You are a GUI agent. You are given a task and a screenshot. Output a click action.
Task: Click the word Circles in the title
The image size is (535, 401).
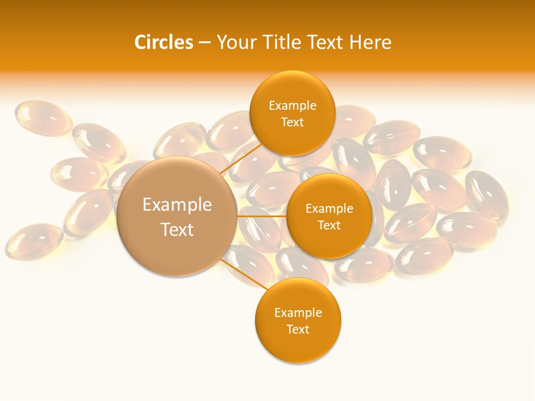(x=164, y=42)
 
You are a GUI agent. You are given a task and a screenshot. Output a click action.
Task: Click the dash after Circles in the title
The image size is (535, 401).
(x=204, y=43)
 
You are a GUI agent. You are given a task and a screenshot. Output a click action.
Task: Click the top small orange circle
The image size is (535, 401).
(x=292, y=89)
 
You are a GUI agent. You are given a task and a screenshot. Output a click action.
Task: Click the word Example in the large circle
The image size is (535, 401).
(x=177, y=205)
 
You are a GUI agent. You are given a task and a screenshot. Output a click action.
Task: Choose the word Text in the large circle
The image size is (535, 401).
(x=177, y=229)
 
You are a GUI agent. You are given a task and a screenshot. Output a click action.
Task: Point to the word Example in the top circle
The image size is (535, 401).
(x=292, y=106)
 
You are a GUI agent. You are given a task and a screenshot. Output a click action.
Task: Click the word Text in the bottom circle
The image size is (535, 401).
(x=298, y=330)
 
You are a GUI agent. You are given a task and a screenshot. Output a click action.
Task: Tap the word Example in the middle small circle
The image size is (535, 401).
(x=329, y=209)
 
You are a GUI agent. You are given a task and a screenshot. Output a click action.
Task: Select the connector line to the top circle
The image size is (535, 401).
(x=241, y=159)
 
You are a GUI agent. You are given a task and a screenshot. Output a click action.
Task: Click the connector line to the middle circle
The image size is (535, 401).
(x=262, y=216)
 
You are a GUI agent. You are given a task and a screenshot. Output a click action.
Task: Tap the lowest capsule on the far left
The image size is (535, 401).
(x=33, y=241)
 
